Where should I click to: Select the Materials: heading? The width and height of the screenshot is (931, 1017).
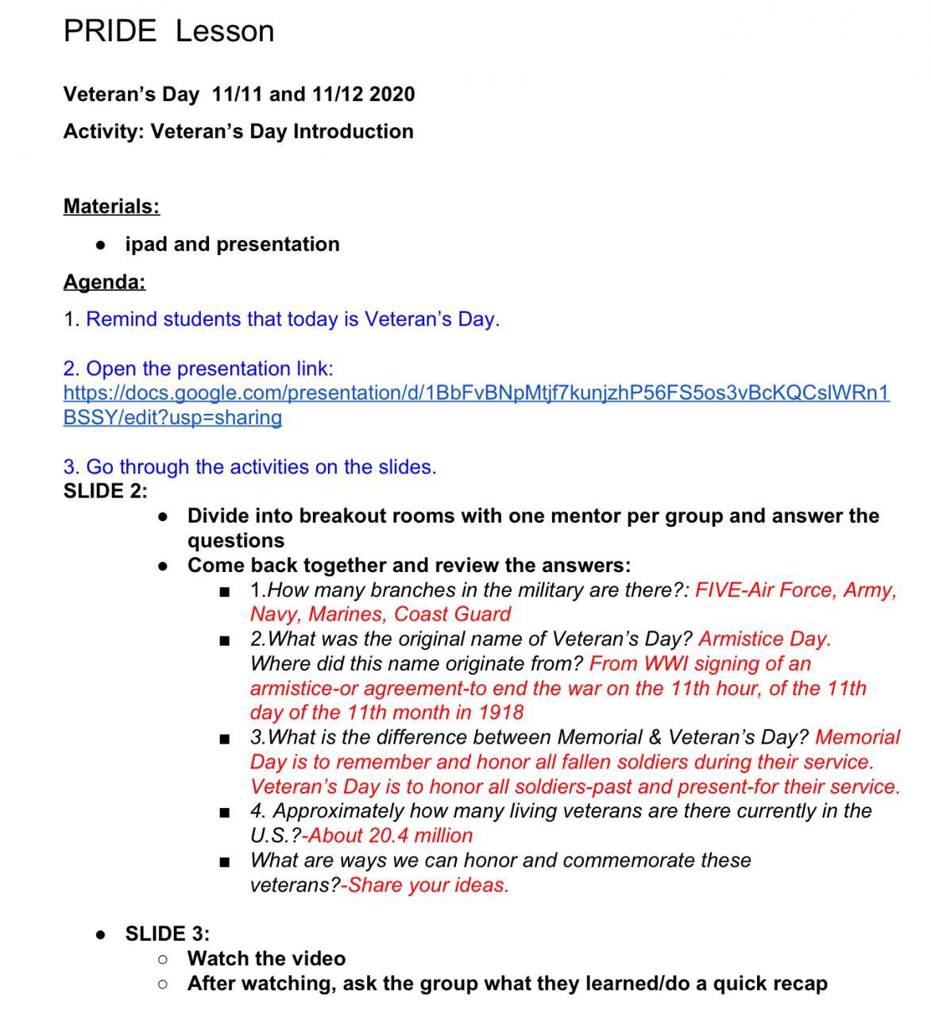[x=111, y=207]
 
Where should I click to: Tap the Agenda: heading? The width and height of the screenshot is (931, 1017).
[x=104, y=282]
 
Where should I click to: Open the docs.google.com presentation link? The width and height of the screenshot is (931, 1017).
[x=476, y=393]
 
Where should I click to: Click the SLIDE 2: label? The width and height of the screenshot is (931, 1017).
[x=105, y=491]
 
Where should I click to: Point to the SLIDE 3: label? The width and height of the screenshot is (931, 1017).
[x=167, y=934]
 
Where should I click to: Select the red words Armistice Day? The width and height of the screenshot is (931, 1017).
[x=764, y=639]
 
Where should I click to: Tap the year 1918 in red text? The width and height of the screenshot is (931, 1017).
[x=500, y=712]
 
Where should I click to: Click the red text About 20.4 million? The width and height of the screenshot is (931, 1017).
[x=389, y=836]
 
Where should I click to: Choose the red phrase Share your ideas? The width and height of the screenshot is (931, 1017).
[x=428, y=885]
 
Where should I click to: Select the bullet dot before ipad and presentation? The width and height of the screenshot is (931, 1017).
[x=100, y=246]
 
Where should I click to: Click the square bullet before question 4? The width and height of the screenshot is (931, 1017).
[x=226, y=813]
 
